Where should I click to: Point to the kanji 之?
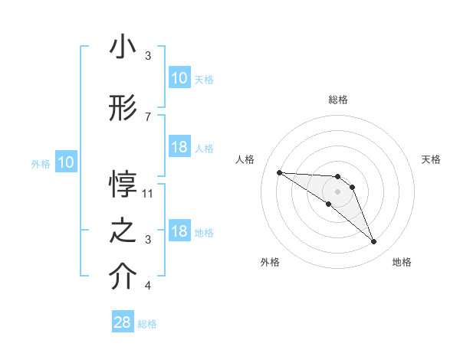(x=123, y=231)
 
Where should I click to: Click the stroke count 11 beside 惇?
(x=148, y=193)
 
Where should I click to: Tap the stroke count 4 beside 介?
(x=148, y=286)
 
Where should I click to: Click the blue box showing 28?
(x=123, y=322)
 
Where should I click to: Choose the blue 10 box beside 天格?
(x=179, y=77)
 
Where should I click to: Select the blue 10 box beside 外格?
(x=66, y=162)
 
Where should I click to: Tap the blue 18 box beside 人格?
(x=179, y=147)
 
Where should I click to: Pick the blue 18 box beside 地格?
(x=179, y=231)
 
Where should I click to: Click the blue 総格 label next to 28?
(x=147, y=324)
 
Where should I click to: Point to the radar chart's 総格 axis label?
(x=337, y=100)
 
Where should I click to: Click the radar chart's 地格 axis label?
(x=402, y=262)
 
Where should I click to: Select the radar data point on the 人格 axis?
(x=279, y=172)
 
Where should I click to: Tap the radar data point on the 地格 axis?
(x=373, y=242)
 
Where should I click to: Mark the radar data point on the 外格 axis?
(x=329, y=204)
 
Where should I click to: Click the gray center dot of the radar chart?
(x=337, y=191)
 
